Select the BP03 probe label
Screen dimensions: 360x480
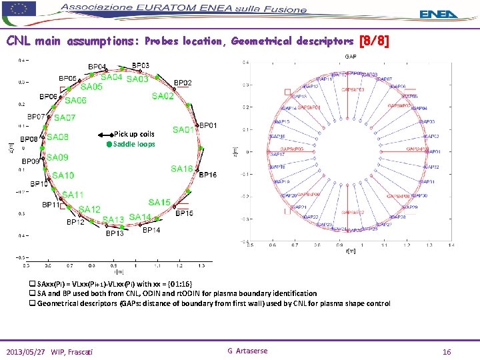click(140, 65)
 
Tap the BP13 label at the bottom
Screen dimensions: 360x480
click(115, 233)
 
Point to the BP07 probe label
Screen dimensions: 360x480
click(36, 116)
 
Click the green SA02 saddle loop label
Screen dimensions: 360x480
click(163, 97)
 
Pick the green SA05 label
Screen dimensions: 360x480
click(91, 87)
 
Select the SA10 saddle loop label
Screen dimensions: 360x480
click(63, 175)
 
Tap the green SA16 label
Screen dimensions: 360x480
click(181, 169)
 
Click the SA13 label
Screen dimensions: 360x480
click(113, 219)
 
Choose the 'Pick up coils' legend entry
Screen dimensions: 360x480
click(133, 134)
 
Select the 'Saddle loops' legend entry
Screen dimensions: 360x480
click(133, 144)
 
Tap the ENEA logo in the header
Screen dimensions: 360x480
click(439, 13)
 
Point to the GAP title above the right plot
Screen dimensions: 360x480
click(350, 56)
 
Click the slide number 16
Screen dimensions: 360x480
click(447, 351)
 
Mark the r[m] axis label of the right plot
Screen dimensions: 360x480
click(351, 251)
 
